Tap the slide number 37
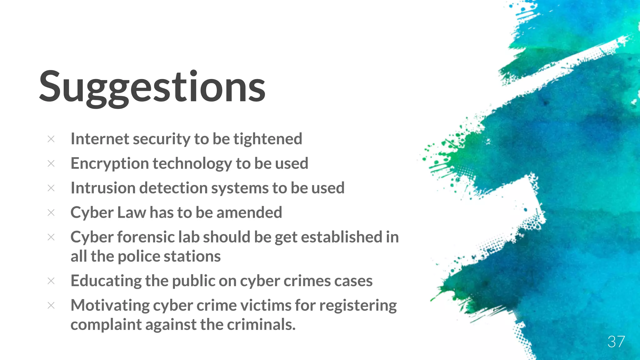point(616,342)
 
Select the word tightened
point(268,139)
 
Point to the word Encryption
point(109,163)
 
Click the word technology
point(192,163)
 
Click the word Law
point(131,212)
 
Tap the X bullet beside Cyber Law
point(51,212)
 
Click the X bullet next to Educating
point(51,281)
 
